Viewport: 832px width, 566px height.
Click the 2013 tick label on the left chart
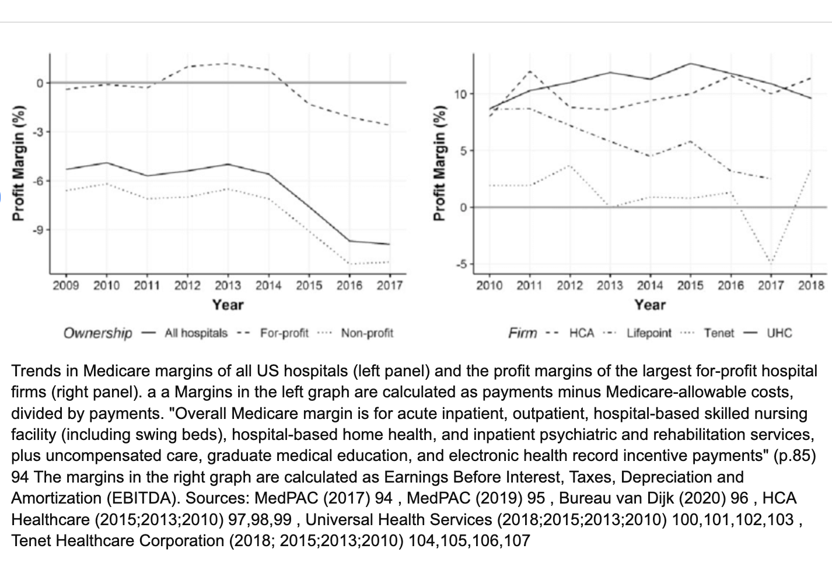point(228,285)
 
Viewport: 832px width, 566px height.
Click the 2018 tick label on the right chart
point(811,285)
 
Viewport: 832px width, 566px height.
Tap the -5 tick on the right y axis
point(462,264)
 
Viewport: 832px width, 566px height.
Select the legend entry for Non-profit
point(367,333)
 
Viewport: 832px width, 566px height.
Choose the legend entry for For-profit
point(284,333)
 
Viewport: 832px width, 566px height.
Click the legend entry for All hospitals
point(196,333)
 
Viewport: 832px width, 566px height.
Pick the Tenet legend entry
point(719,333)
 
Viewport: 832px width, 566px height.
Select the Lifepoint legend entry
point(649,333)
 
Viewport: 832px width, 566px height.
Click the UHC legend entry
point(779,333)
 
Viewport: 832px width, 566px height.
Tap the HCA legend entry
point(582,333)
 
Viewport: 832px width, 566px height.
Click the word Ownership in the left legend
point(98,333)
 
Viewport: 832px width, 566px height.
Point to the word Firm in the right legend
point(522,333)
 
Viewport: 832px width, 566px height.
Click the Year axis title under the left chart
point(228,305)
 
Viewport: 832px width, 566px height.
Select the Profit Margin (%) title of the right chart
point(439,163)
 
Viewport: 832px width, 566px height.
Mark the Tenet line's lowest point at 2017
point(771,263)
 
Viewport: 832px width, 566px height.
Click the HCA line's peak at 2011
point(530,71)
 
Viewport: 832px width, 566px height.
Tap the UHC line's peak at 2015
point(690,64)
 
